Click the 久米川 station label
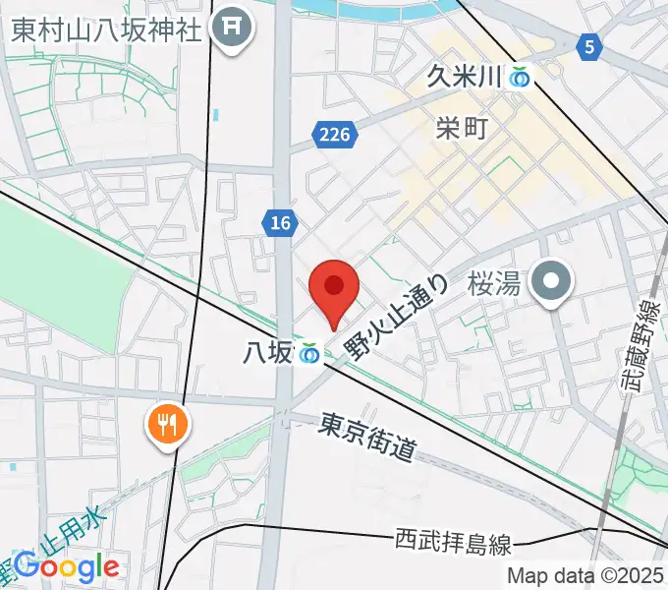click(x=465, y=77)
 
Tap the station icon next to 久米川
click(x=520, y=77)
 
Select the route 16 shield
click(x=281, y=224)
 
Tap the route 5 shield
click(x=588, y=45)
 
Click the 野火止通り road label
click(x=398, y=317)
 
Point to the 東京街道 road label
click(x=367, y=438)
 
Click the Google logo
click(x=66, y=566)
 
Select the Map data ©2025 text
click(x=585, y=576)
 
